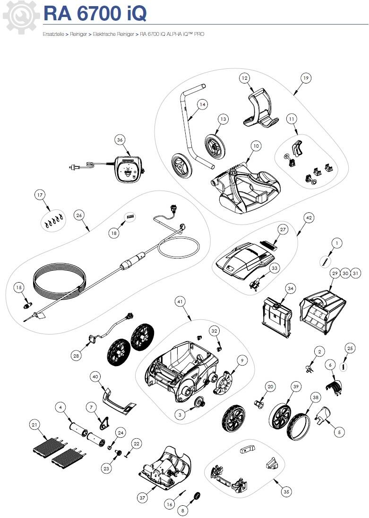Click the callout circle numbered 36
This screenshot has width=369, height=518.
(120, 140)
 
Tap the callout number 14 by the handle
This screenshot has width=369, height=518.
(203, 104)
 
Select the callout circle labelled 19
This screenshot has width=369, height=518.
(306, 78)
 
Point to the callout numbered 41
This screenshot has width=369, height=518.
(180, 301)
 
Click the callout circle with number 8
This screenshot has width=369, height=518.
(183, 510)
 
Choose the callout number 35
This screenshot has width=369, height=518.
(286, 492)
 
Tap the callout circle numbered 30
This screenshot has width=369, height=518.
(345, 273)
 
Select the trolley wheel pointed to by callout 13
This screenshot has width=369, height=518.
(215, 145)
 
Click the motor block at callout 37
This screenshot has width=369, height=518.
(164, 468)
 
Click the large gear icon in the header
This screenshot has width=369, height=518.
(20, 17)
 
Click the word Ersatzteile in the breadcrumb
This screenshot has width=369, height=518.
(53, 34)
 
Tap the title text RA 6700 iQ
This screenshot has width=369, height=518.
(95, 14)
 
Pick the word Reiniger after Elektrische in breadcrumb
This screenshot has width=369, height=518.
(126, 34)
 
